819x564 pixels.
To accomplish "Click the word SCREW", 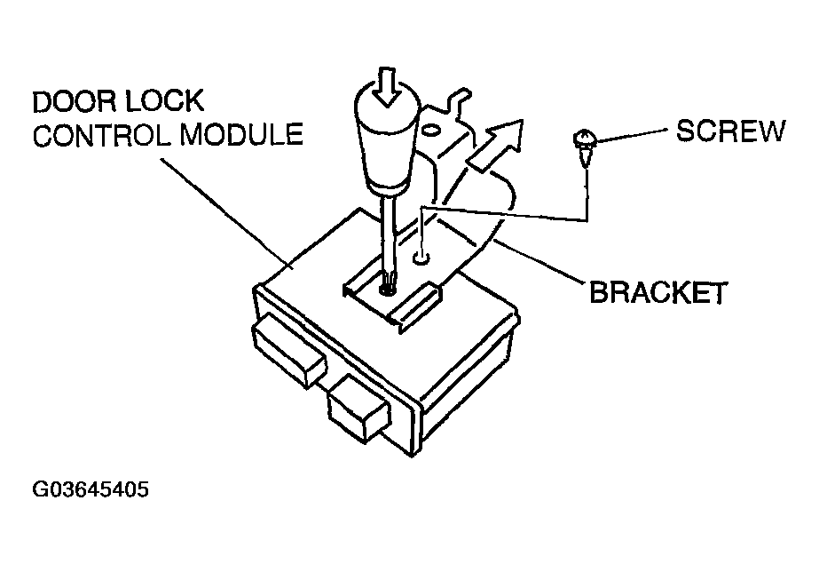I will click(730, 131).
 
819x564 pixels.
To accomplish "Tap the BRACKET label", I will click(658, 292).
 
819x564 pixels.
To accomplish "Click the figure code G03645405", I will click(90, 489).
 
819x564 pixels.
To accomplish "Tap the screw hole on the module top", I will click(421, 258).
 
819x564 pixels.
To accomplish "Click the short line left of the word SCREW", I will click(634, 135).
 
